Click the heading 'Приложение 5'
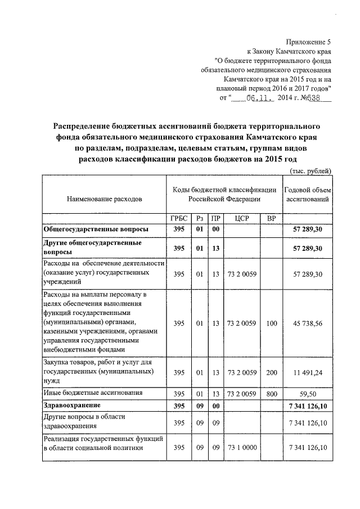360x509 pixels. pos(309,42)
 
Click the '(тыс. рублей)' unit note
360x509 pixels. pos(310,171)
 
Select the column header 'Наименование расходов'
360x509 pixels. pos(105,199)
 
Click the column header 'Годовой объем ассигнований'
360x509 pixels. pos(308,194)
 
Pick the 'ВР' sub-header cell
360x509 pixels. pos(272,219)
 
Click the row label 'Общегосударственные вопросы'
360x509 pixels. pos(96,230)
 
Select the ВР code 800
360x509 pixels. pos(272,394)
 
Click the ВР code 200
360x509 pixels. pos(272,372)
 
